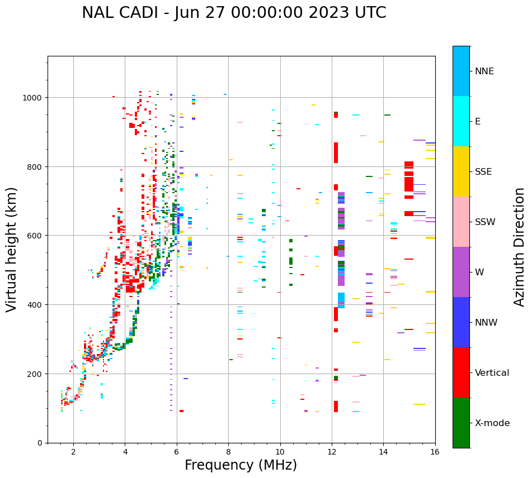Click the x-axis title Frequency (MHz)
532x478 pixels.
[241, 465]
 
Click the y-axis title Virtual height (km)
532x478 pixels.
[12, 249]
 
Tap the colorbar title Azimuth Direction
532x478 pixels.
[520, 247]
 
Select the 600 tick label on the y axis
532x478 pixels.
[36, 236]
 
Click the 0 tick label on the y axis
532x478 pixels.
[40, 443]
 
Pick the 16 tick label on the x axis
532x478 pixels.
[435, 452]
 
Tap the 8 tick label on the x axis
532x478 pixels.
[228, 452]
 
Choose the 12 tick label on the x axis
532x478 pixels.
[332, 452]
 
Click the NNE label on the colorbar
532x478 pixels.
[484, 71]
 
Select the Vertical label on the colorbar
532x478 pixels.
[492, 373]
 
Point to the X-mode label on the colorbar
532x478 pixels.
[492, 423]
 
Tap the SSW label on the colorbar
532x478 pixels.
[485, 222]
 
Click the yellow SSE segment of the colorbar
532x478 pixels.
[461, 171]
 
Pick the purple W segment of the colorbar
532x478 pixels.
[461, 272]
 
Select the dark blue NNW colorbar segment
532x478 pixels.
[461, 322]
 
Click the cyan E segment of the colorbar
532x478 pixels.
[461, 121]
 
